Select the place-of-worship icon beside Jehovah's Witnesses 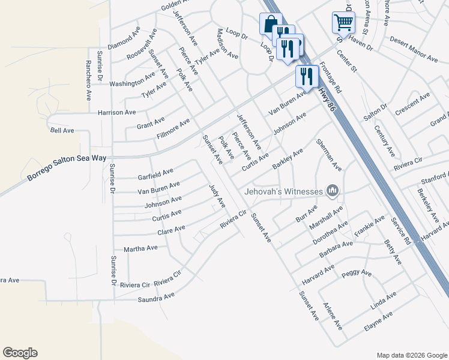(x=333, y=191)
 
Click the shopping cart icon (x=343, y=23)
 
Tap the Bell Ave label (x=62, y=130)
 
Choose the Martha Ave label (x=140, y=248)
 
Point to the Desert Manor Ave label (x=414, y=49)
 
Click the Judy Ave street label (x=217, y=196)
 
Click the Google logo (x=20, y=353)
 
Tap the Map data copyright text (x=411, y=355)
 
